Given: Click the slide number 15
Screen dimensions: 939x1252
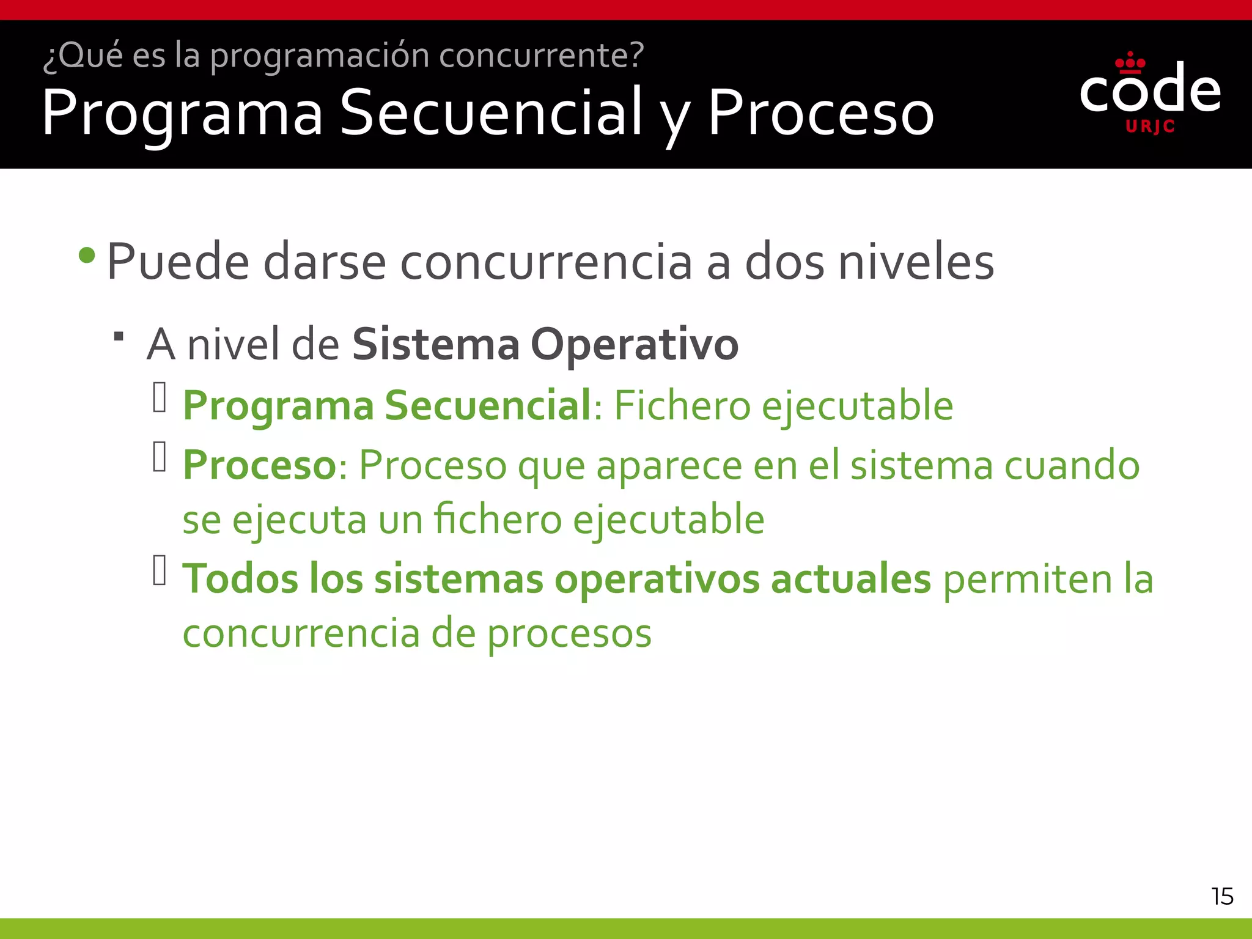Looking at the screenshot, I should pyautogui.click(x=1222, y=896).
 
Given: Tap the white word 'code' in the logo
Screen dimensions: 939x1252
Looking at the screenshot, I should pyautogui.click(x=1150, y=90).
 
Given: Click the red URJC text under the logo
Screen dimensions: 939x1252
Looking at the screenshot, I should pyautogui.click(x=1150, y=127).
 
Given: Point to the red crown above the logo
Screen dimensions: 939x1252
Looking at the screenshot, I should pyautogui.click(x=1130, y=62).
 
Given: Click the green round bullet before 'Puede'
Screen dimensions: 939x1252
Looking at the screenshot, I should pyautogui.click(x=87, y=255).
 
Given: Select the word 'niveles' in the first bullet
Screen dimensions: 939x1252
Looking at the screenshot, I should pyautogui.click(x=916, y=262).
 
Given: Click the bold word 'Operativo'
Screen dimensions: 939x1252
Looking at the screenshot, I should pyautogui.click(x=635, y=344).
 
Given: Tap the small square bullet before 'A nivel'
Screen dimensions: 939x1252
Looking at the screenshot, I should pyautogui.click(x=119, y=336).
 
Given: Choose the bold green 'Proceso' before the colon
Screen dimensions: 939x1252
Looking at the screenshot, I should pyautogui.click(x=259, y=465).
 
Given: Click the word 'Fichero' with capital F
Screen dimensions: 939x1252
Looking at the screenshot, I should pyautogui.click(x=682, y=405).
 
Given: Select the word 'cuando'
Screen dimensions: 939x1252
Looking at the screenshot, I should pyautogui.click(x=1072, y=466).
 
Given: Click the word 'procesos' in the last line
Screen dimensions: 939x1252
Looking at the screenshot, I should pyautogui.click(x=569, y=634).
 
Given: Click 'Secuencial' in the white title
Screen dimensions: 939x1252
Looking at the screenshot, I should pyautogui.click(x=491, y=112).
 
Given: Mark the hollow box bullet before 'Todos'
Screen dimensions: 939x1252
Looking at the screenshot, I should pyautogui.click(x=160, y=570).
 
